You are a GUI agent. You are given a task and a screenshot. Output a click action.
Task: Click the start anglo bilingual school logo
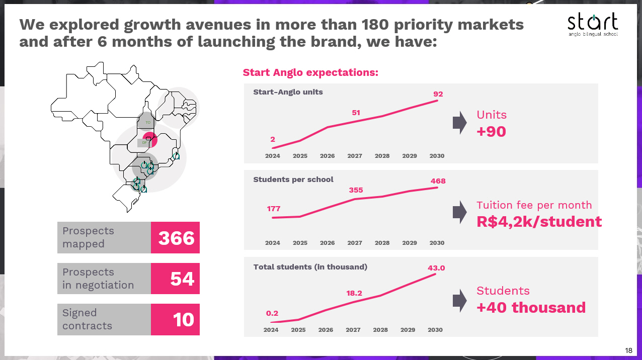pyautogui.click(x=592, y=24)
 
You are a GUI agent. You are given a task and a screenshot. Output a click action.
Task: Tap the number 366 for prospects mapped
pyautogui.click(x=176, y=238)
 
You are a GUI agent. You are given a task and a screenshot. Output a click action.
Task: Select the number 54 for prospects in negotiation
pyautogui.click(x=182, y=279)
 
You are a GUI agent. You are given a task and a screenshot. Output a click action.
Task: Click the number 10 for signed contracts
pyautogui.click(x=183, y=319)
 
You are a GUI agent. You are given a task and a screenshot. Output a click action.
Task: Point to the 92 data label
pyautogui.click(x=438, y=94)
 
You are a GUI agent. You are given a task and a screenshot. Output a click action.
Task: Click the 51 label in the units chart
pyautogui.click(x=356, y=113)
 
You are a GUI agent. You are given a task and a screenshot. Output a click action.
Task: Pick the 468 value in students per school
pyautogui.click(x=438, y=181)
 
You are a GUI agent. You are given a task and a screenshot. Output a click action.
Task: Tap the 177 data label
pyautogui.click(x=274, y=209)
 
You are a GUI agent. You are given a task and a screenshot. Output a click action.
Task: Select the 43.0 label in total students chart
pyautogui.click(x=436, y=268)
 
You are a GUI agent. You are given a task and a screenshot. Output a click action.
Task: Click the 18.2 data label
pyautogui.click(x=354, y=293)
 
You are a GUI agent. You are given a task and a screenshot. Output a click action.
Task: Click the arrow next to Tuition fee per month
pyautogui.click(x=459, y=212)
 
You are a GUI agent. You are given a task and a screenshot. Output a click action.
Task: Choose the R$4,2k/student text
pyautogui.click(x=539, y=222)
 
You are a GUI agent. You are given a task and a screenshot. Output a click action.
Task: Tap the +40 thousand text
pyautogui.click(x=531, y=307)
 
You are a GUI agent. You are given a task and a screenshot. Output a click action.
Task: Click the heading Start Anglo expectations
pyautogui.click(x=310, y=72)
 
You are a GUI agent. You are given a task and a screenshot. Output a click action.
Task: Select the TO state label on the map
pyautogui.click(x=147, y=122)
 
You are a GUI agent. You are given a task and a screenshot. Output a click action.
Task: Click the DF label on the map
pyautogui.click(x=144, y=143)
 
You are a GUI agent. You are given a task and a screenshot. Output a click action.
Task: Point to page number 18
pyautogui.click(x=628, y=350)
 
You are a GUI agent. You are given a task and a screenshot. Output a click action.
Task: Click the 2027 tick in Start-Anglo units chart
pyautogui.click(x=355, y=156)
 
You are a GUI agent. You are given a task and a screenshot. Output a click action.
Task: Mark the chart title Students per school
pyautogui.click(x=293, y=179)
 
